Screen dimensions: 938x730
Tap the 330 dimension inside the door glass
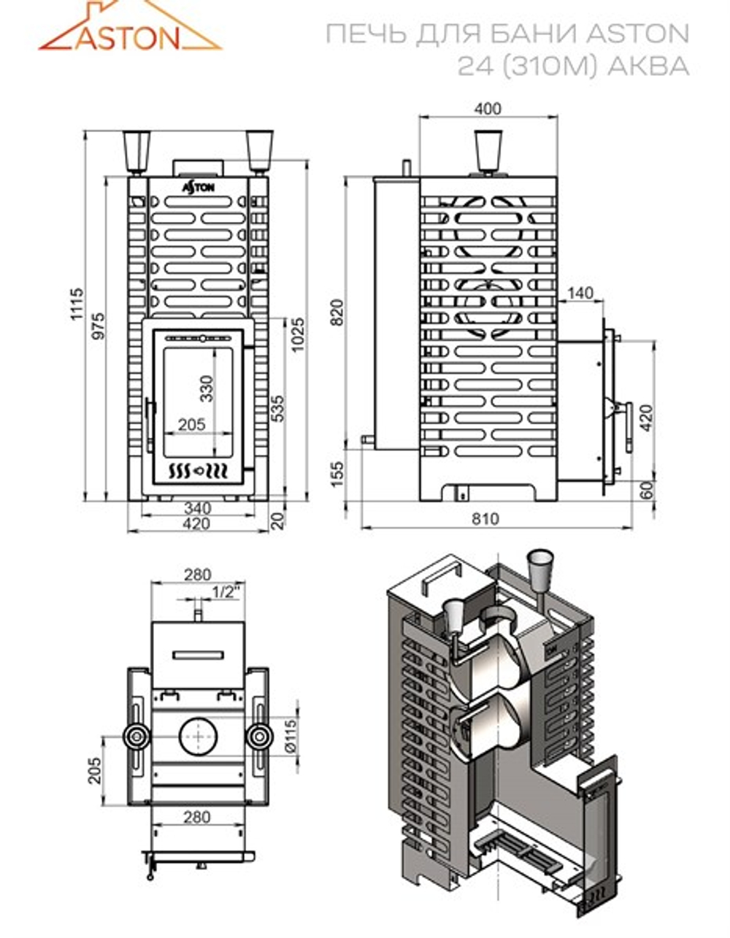coord(207,388)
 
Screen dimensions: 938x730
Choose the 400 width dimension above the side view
coord(487,109)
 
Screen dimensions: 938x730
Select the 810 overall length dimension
coord(486,519)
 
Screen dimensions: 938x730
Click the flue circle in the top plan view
coord(196,737)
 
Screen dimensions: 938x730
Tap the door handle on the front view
coord(150,419)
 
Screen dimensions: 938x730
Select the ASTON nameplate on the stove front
coord(198,187)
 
